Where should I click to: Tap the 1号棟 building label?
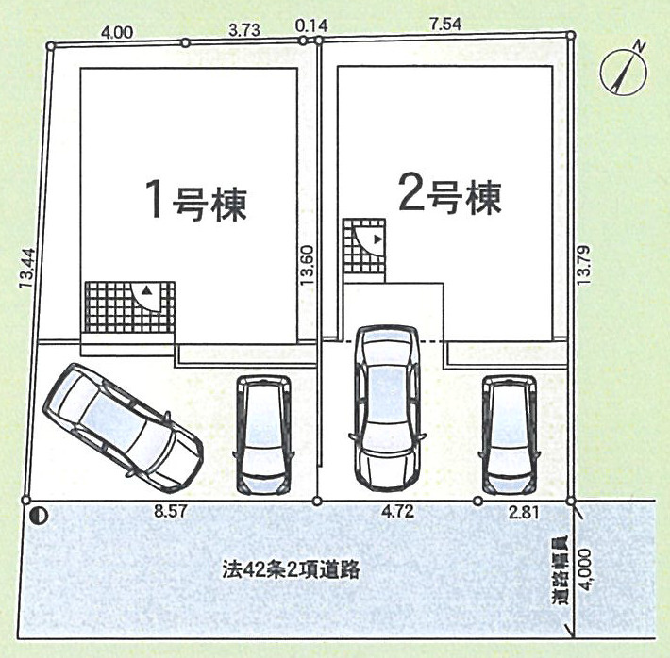(x=196, y=199)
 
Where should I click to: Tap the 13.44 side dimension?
(x=26, y=268)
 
